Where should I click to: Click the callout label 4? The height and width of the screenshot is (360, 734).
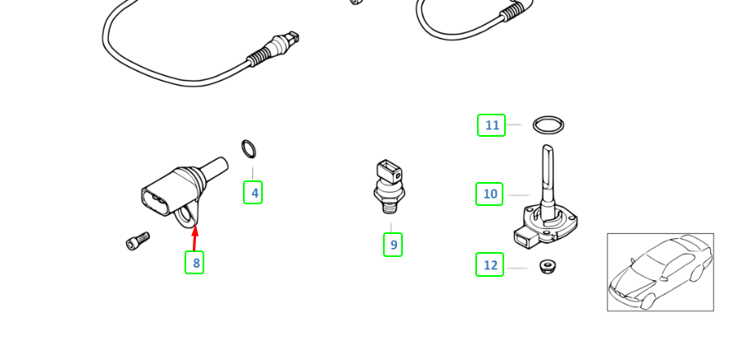(253, 193)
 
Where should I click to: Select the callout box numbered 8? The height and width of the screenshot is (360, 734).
(194, 263)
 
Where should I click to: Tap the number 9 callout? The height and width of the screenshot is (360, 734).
(393, 245)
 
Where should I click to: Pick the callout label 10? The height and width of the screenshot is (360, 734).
(489, 194)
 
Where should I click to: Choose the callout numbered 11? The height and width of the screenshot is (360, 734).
(491, 125)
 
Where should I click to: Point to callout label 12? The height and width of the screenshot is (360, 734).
(489, 264)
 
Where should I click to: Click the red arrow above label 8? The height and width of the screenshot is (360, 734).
(195, 237)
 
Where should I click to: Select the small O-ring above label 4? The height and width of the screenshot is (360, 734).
(249, 149)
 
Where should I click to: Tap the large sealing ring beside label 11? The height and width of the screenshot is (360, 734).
(549, 125)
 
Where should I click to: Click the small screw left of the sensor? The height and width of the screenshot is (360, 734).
(138, 241)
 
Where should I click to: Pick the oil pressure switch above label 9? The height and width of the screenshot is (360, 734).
(388, 185)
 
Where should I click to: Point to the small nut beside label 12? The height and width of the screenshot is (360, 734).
(546, 266)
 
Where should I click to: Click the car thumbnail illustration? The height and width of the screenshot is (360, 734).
(660, 272)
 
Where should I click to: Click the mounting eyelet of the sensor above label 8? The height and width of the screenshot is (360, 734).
(189, 217)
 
